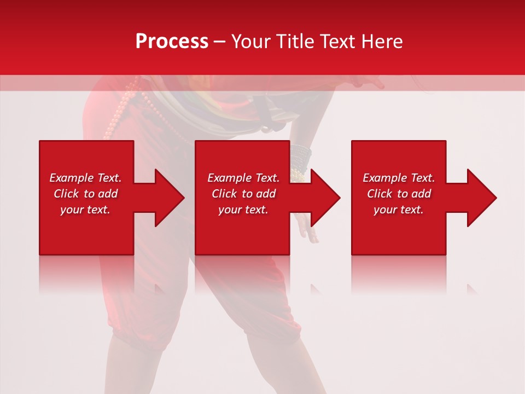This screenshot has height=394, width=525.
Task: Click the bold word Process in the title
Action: point(172,42)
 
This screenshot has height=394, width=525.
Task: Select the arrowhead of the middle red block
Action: point(324,198)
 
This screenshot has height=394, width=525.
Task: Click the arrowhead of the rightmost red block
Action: point(481,198)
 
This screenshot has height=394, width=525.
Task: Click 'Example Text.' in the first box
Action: point(85,178)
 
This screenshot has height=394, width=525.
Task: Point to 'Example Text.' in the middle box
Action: point(243,178)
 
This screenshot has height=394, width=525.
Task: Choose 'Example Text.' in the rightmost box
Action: point(399,178)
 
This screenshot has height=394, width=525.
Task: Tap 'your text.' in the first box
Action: point(85,210)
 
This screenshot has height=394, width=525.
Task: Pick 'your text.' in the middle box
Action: point(243,210)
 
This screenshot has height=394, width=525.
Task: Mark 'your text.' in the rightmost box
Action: point(399,210)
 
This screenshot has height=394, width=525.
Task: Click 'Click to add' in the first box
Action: point(85,194)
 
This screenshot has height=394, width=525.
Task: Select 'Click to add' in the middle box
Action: point(243,194)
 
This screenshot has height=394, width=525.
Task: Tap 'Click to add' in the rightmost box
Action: point(399,194)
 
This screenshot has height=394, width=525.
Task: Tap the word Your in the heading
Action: point(250,42)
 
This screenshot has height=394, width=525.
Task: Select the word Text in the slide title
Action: point(336,42)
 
